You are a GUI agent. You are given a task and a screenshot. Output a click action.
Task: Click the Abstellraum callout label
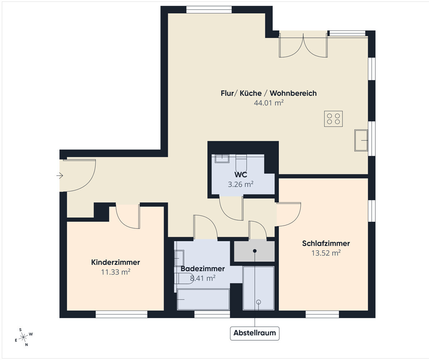click(x=255, y=333)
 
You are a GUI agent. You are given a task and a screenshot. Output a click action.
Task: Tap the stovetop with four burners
click(x=333, y=119)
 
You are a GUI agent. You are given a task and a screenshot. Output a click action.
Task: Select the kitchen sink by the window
click(x=361, y=140)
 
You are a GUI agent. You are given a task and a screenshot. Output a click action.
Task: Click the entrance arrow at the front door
click(x=60, y=176)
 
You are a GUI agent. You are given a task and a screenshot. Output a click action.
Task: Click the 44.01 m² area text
click(x=269, y=102)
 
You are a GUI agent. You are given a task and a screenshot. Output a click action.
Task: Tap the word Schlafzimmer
click(x=326, y=244)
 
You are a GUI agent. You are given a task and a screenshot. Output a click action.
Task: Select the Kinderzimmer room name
click(x=115, y=262)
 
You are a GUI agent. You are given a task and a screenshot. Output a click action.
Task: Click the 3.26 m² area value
click(x=241, y=184)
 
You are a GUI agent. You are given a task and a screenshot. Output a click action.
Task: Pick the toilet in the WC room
click(x=241, y=163)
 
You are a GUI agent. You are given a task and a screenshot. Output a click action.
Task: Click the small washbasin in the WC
click(x=222, y=159)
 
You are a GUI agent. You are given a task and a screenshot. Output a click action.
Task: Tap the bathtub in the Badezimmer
click(x=203, y=299)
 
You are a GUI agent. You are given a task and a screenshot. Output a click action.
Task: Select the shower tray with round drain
click(x=258, y=288)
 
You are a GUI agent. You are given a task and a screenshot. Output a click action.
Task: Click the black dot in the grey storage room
click(x=255, y=251)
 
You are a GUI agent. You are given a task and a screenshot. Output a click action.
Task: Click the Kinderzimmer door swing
click(x=128, y=216)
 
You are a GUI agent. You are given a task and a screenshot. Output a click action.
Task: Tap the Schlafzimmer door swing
click(x=289, y=214)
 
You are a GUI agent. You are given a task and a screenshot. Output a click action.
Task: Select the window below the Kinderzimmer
click(x=122, y=314)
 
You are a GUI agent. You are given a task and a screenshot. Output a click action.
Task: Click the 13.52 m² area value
click(x=326, y=253)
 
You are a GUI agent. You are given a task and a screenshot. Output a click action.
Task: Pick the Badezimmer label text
click(x=203, y=269)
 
